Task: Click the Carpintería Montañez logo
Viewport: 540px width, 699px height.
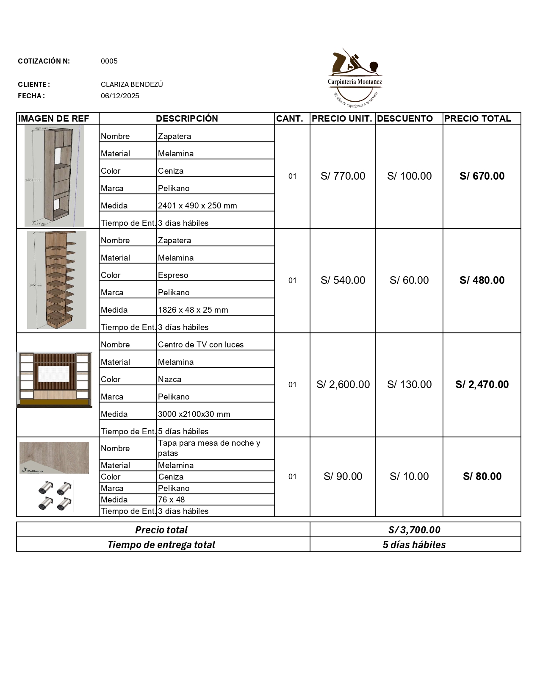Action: [x=355, y=77]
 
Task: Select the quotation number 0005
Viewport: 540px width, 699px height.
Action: [x=109, y=61]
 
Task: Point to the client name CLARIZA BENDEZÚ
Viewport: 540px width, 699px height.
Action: [x=132, y=84]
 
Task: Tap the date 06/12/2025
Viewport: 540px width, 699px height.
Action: [x=120, y=96]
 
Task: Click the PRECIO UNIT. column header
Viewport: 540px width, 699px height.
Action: [x=342, y=119]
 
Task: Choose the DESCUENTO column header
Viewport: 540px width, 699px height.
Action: [x=405, y=119]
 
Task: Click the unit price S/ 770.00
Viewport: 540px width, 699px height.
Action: [x=343, y=176]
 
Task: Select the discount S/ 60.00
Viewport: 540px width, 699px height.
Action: [x=409, y=280]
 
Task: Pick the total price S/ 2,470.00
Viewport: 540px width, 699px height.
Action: [x=482, y=385]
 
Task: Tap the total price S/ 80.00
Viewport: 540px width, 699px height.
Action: [x=482, y=477]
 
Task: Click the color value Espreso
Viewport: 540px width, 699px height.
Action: [x=173, y=275]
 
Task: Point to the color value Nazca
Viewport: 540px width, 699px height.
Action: [x=169, y=380]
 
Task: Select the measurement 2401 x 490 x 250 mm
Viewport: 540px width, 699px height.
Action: [x=197, y=206]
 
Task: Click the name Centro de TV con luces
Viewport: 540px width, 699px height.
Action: [x=201, y=345]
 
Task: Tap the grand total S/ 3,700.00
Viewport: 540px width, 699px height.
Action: [x=414, y=530]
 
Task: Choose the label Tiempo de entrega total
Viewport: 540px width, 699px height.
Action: [x=161, y=545]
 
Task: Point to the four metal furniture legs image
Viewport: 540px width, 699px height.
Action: [x=54, y=495]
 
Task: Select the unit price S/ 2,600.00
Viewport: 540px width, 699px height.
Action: [x=343, y=385]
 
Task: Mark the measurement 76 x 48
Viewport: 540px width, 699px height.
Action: [x=171, y=500]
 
